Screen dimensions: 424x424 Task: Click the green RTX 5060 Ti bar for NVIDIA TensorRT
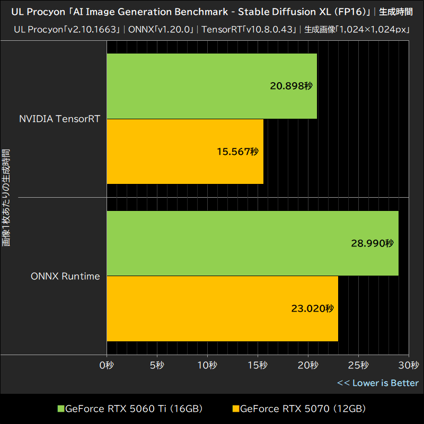[x=212, y=86]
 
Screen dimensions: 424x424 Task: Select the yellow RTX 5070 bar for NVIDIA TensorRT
[x=185, y=152]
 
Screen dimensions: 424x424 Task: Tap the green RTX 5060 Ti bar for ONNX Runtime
[x=252, y=243]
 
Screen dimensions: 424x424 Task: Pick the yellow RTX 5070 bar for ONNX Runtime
[x=223, y=308]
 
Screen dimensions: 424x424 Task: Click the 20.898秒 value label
[x=291, y=86]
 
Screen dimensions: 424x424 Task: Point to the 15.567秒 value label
[x=237, y=152]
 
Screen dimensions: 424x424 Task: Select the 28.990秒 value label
[x=372, y=243]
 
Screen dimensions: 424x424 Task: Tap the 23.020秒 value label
[x=313, y=308]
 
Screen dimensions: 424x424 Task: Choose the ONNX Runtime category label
[x=65, y=276]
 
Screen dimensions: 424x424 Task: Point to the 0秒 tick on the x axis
[x=107, y=365]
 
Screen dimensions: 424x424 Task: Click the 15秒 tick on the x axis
[x=258, y=365]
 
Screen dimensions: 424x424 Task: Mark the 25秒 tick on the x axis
[x=358, y=365]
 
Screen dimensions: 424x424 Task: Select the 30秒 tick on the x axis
[x=409, y=365]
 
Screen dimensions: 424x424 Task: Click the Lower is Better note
[x=378, y=383]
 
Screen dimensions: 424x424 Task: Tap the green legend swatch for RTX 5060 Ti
[x=61, y=409]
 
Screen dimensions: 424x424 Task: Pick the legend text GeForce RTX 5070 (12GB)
[x=303, y=409]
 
